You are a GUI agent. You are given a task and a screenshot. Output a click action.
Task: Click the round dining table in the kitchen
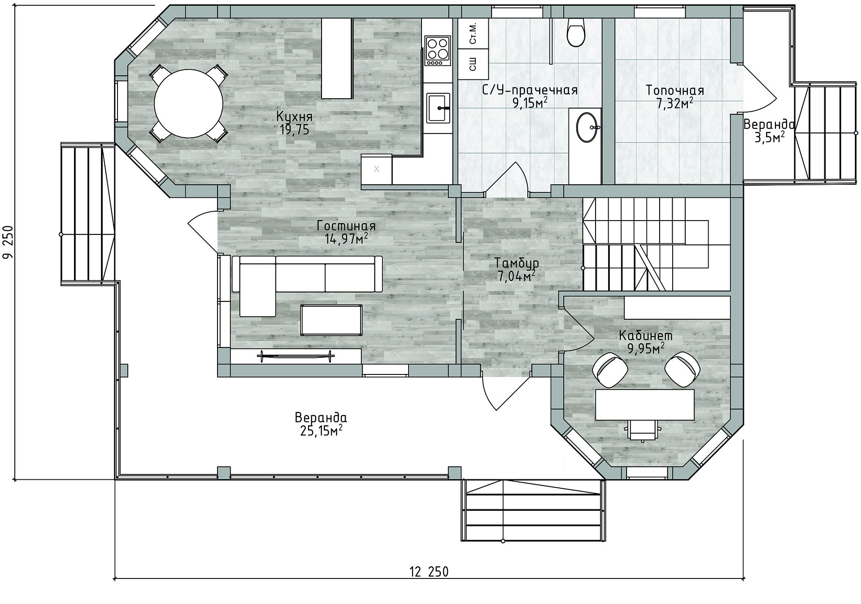tap(188, 104)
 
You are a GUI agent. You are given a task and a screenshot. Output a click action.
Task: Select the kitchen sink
tap(438, 108)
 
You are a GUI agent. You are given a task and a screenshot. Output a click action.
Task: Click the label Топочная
tap(674, 91)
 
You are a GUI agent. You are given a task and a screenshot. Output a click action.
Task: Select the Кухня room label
tap(294, 117)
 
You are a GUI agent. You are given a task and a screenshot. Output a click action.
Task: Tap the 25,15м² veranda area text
tap(321, 431)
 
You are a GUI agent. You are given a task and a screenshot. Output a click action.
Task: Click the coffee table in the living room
tap(331, 320)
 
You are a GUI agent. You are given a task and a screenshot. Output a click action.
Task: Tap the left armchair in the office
tap(609, 369)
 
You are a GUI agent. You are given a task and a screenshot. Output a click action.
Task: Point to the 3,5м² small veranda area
tap(769, 137)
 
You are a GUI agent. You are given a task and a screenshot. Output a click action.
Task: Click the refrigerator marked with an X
tap(377, 169)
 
